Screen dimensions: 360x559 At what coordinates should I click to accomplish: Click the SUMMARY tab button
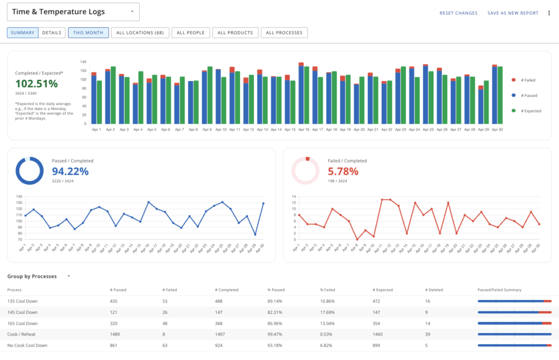point(23,33)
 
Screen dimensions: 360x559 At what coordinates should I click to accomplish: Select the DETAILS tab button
point(51,33)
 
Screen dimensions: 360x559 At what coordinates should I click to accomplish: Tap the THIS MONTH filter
point(88,33)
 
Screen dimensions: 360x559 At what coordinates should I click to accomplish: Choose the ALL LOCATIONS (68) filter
point(140,33)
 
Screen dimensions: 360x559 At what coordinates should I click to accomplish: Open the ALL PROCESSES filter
point(284,33)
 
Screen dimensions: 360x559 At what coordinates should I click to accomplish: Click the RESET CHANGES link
point(458,13)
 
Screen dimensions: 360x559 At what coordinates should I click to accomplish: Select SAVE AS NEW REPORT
point(513,13)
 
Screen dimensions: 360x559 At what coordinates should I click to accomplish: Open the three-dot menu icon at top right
point(549,13)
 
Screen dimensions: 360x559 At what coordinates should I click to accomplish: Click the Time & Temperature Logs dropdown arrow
point(132,11)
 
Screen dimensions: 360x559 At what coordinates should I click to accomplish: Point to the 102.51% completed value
point(37,83)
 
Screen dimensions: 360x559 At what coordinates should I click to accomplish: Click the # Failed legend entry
point(527,80)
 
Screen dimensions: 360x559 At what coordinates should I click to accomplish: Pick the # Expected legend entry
point(528,110)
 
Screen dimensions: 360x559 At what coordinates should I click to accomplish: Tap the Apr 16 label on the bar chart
point(303,130)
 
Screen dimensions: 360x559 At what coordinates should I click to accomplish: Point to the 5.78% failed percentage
point(343,171)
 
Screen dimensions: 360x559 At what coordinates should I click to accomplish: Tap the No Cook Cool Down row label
point(27,345)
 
